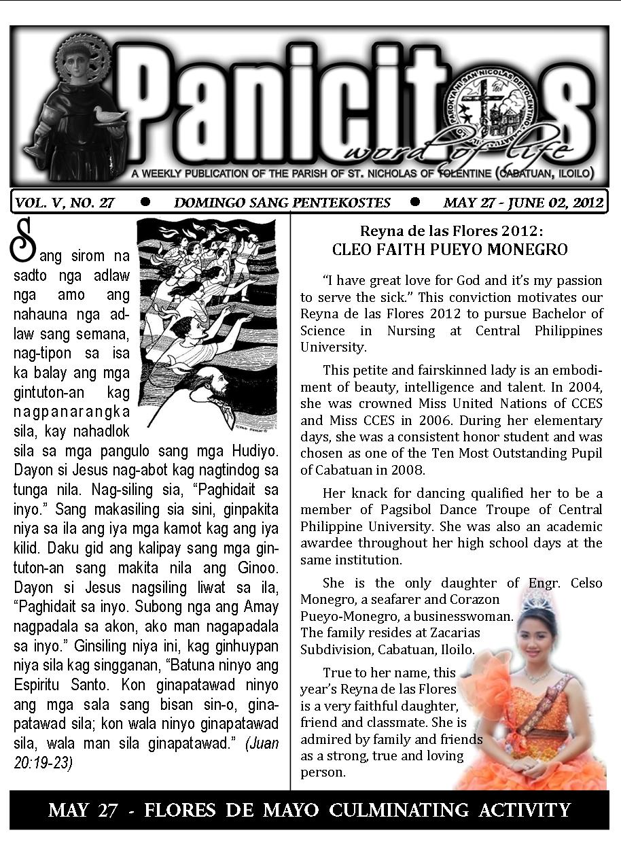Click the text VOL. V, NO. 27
[x=65, y=203]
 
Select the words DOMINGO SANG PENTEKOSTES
[x=282, y=203]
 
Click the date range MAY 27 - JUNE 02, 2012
[x=523, y=203]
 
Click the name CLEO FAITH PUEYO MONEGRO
[x=450, y=250]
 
